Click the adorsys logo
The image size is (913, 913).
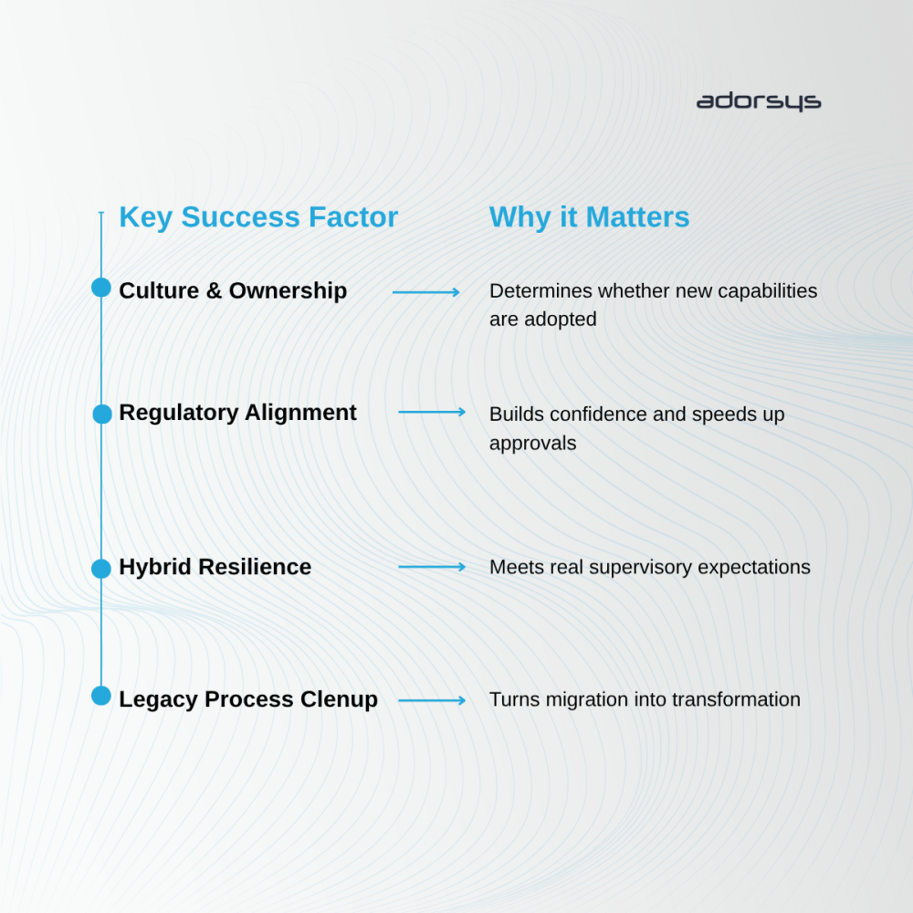[x=758, y=101]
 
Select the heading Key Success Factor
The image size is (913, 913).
[x=258, y=217]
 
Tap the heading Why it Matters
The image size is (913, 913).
[x=589, y=217]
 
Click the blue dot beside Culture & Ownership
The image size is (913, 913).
[x=101, y=289]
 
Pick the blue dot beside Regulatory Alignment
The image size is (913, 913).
[x=102, y=414]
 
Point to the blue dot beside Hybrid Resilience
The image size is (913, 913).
[x=101, y=569]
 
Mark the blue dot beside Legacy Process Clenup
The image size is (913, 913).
[x=101, y=697]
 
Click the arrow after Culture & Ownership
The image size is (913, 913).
[x=426, y=292]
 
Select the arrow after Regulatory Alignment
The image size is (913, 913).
[x=432, y=413]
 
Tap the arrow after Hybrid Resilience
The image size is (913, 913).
[x=432, y=567]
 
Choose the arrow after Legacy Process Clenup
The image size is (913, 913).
[x=432, y=700]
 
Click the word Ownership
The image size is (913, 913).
[x=288, y=290]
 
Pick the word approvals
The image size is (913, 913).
[x=532, y=443]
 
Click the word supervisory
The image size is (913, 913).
[x=634, y=567]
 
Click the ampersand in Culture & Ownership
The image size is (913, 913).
[x=214, y=290]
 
